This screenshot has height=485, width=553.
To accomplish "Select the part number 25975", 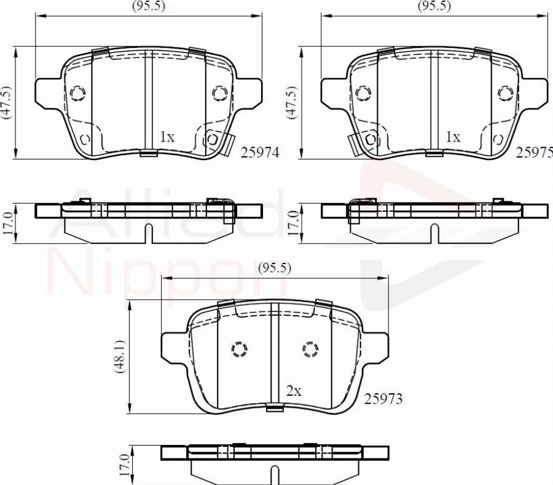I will pyautogui.click(x=534, y=153).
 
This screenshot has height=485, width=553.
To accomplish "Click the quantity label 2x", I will pyautogui.click(x=294, y=390).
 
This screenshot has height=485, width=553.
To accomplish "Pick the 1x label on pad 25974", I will pyautogui.click(x=167, y=137).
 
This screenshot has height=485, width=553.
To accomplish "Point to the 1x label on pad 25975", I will pyautogui.click(x=453, y=137).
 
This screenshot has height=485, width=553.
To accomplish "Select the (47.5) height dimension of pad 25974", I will pyautogui.click(x=6, y=102).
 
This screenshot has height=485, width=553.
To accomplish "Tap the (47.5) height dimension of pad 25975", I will pyautogui.click(x=291, y=102).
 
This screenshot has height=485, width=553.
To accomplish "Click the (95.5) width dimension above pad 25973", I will pyautogui.click(x=274, y=268).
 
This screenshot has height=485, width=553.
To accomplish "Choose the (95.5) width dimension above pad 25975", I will pyautogui.click(x=434, y=6).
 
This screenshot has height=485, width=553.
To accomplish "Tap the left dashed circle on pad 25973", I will pyautogui.click(x=238, y=350).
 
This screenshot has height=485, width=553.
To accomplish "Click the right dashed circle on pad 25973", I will pyautogui.click(x=310, y=350).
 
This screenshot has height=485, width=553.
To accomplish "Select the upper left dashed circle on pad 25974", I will pyautogui.click(x=77, y=93).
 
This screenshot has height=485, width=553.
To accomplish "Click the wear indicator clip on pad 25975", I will pyautogui.click(x=353, y=143).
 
